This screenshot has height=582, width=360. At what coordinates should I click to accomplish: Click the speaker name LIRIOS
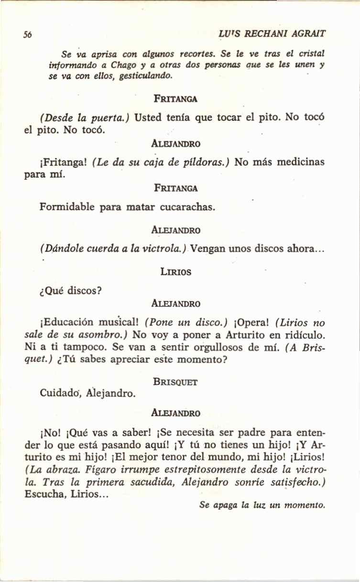click(x=175, y=272)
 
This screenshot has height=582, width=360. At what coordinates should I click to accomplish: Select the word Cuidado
click(x=57, y=394)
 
